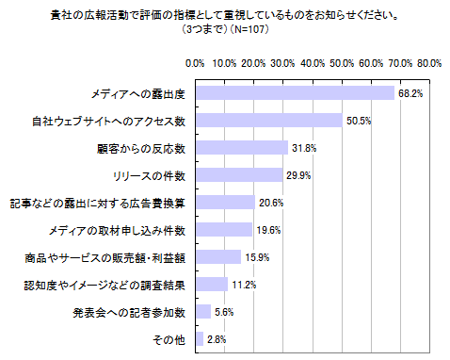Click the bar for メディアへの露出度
[294, 93]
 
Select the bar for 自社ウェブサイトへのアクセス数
[267, 121]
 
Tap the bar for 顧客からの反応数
[240, 148]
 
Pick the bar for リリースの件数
[237, 175]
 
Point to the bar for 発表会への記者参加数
[201, 311]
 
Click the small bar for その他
[198, 338]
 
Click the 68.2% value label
[410, 93]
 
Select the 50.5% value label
[358, 121]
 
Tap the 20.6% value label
[271, 203]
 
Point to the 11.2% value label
[244, 284]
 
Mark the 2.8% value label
[217, 338]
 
